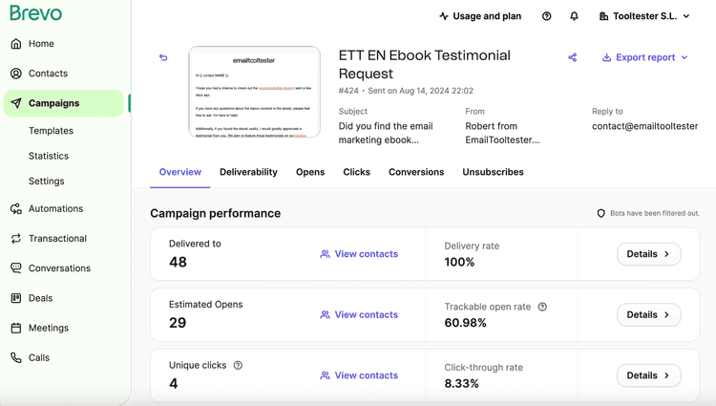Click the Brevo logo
pos(35,13)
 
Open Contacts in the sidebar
pos(48,74)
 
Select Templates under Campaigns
pos(51,131)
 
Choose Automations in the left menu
pos(55,209)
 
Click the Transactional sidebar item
pos(57,239)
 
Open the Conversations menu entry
pos(59,268)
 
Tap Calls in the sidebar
pos(39,358)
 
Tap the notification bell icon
pos(574,16)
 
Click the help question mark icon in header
pos(546,16)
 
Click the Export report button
pos(644,57)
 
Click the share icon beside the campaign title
pos(573,57)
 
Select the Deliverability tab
pos(248,172)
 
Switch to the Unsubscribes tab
pos(493,172)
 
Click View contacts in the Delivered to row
pos(359,254)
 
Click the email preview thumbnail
pos(254,92)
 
